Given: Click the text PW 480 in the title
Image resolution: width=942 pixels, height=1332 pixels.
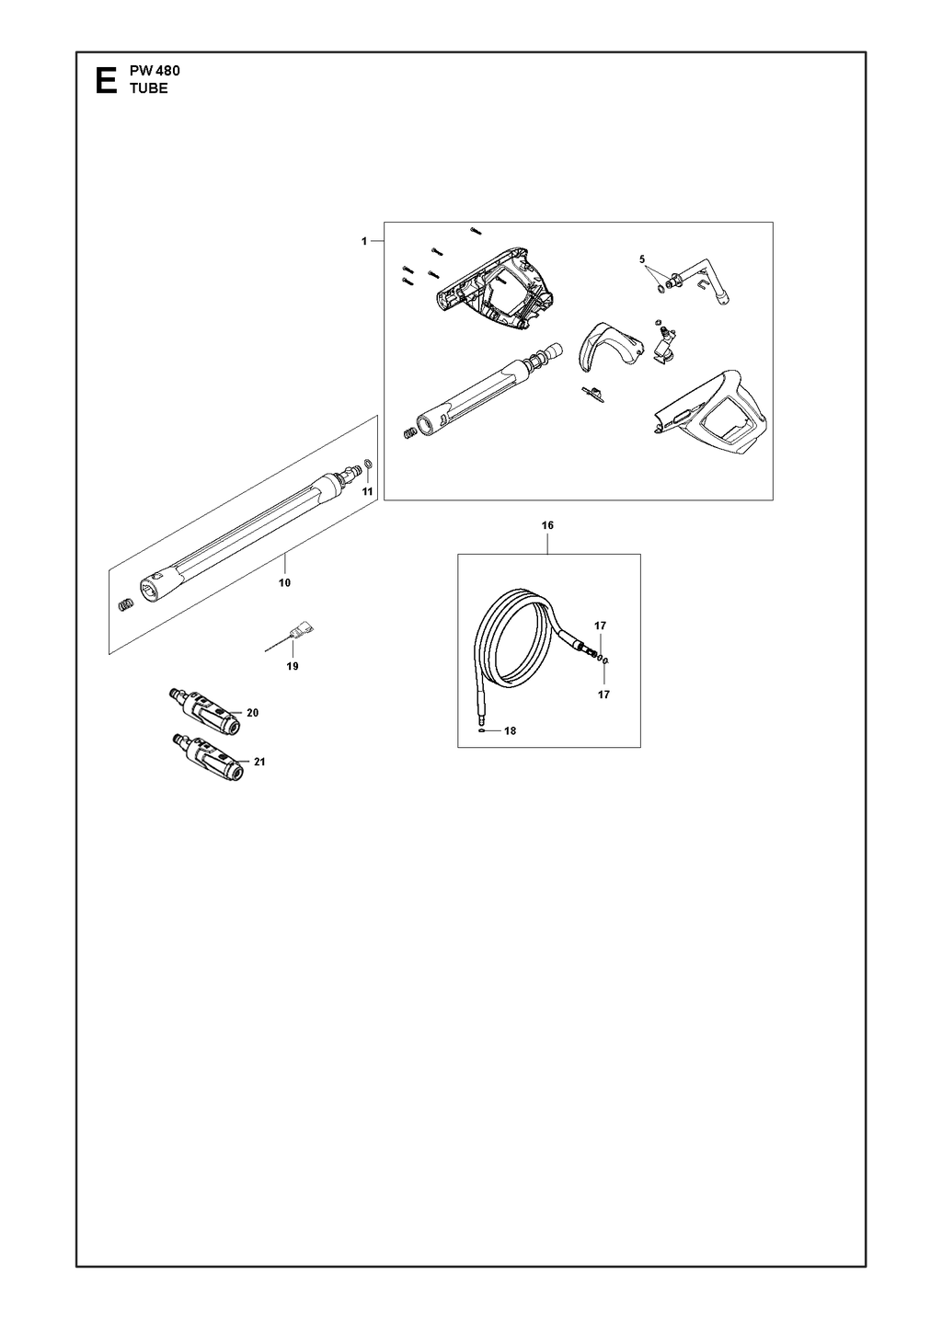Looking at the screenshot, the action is pyautogui.click(x=155, y=71).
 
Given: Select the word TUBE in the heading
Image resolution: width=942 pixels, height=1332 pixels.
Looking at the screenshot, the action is pyautogui.click(x=149, y=88).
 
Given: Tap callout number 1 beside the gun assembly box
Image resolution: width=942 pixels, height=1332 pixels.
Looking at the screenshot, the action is pyautogui.click(x=364, y=241).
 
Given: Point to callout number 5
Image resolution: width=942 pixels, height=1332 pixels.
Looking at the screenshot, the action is pyautogui.click(x=642, y=259).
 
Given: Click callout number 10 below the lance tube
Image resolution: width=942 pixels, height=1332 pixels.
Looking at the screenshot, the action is pyautogui.click(x=285, y=583).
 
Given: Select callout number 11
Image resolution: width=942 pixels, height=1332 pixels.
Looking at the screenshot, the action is pyautogui.click(x=368, y=491).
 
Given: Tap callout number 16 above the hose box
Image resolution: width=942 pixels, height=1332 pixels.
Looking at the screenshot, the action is pyautogui.click(x=547, y=525).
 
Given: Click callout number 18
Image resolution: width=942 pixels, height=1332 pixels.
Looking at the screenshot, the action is pyautogui.click(x=511, y=730).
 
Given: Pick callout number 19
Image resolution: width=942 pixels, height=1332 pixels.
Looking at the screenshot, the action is pyautogui.click(x=293, y=666).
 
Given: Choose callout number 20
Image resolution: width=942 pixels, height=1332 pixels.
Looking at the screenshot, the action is pyautogui.click(x=253, y=712).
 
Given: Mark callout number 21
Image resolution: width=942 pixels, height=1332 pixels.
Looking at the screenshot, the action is pyautogui.click(x=259, y=761).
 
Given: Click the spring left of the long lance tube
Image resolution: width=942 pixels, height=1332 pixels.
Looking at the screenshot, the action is pyautogui.click(x=126, y=604).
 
